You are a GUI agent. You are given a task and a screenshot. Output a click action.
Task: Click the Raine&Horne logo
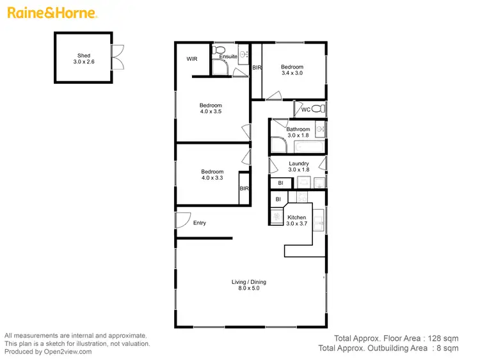52,13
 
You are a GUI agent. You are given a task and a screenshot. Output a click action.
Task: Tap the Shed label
83,56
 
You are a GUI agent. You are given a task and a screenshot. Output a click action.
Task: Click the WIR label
191,59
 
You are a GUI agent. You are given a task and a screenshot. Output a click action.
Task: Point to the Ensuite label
228,57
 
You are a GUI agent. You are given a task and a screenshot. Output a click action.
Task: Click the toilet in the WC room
319,109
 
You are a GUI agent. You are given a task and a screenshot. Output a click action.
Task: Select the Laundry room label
299,163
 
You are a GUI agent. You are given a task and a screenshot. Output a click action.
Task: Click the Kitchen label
296,217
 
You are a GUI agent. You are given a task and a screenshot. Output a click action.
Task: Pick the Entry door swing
182,220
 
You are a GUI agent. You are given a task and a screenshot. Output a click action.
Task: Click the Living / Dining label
249,282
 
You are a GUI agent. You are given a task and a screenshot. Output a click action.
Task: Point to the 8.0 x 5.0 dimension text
249,289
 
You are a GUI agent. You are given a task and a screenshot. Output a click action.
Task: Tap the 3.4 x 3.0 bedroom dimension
291,74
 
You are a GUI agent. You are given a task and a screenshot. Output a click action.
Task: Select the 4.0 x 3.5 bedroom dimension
211,113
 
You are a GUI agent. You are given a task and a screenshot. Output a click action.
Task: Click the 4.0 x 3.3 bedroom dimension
212,178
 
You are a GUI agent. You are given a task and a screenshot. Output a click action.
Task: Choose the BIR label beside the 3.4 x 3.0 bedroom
256,67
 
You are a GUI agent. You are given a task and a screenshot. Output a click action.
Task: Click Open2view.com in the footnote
67,351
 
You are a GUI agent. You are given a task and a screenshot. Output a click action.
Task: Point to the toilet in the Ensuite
220,49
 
